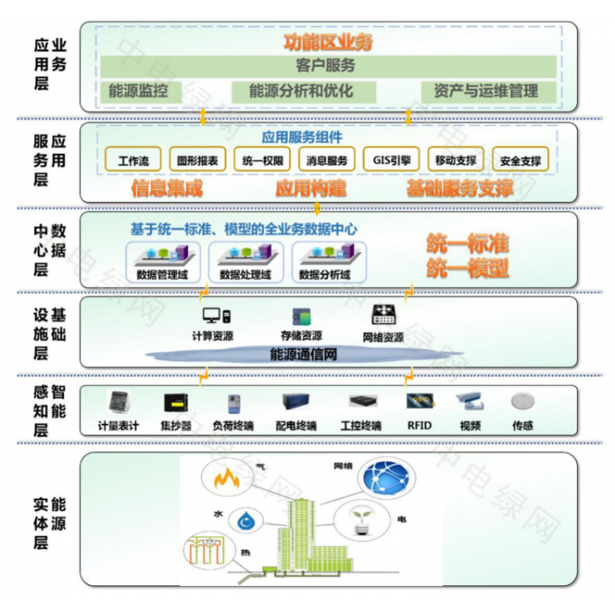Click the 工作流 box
tap(134, 160)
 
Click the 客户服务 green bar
tap(320, 66)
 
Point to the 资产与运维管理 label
tap(485, 91)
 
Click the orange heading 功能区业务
tap(328, 41)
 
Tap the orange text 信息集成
tap(167, 189)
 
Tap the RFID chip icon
tap(418, 402)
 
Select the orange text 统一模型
tap(468, 268)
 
